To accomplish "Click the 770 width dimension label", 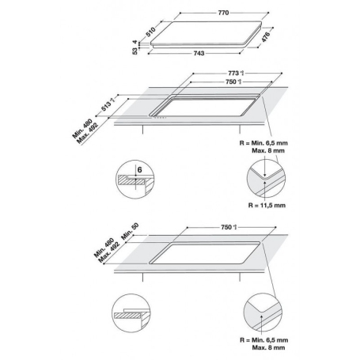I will (211, 13).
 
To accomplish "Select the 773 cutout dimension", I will (232, 74).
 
